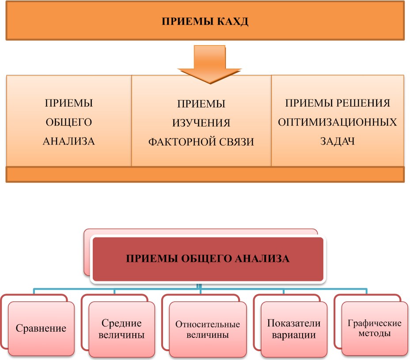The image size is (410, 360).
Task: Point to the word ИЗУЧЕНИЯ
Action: click(201, 123)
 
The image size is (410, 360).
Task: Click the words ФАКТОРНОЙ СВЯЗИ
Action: click(201, 142)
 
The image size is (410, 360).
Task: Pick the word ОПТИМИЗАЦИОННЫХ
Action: click(338, 123)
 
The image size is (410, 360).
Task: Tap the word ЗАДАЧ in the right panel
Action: click(338, 142)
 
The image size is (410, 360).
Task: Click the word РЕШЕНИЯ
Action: click(364, 103)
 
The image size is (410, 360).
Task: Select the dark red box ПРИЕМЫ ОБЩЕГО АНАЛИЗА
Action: click(208, 259)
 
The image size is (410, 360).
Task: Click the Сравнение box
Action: click(41, 329)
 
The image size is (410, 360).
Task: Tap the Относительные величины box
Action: click(208, 329)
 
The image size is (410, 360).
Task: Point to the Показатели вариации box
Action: click(294, 329)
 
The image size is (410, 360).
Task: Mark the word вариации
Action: click(294, 335)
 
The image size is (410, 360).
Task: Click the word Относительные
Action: click(208, 325)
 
